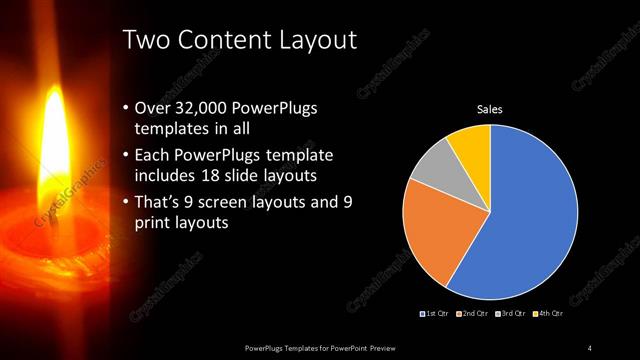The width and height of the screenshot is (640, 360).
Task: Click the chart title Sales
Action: pyautogui.click(x=489, y=109)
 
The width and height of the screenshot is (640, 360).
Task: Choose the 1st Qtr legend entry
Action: pyautogui.click(x=436, y=314)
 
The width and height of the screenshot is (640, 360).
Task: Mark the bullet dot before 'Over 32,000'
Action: pyautogui.click(x=124, y=109)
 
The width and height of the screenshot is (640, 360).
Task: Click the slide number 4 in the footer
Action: pyautogui.click(x=589, y=347)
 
